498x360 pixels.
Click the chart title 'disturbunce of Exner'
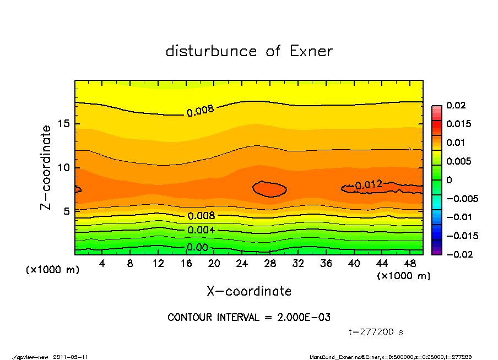[x=249, y=51]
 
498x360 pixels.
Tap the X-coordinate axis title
[x=249, y=291]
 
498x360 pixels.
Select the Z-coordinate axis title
[x=46, y=167]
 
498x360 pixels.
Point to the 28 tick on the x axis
[x=270, y=263]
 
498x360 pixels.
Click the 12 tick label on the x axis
[x=158, y=263]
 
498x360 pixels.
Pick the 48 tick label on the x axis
[x=410, y=263]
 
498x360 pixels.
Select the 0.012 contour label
[x=369, y=185]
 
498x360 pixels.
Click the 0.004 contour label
[x=201, y=230]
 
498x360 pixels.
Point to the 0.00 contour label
[x=197, y=248]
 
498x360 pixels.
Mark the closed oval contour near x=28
[x=269, y=189]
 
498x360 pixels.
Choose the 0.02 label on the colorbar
[x=457, y=105]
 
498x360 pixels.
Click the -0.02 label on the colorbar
[x=454, y=254]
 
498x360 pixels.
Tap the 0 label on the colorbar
[x=449, y=180]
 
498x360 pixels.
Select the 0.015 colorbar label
[x=459, y=124]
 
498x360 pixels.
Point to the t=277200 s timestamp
[x=376, y=332]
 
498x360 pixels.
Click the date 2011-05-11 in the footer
[x=71, y=357]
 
